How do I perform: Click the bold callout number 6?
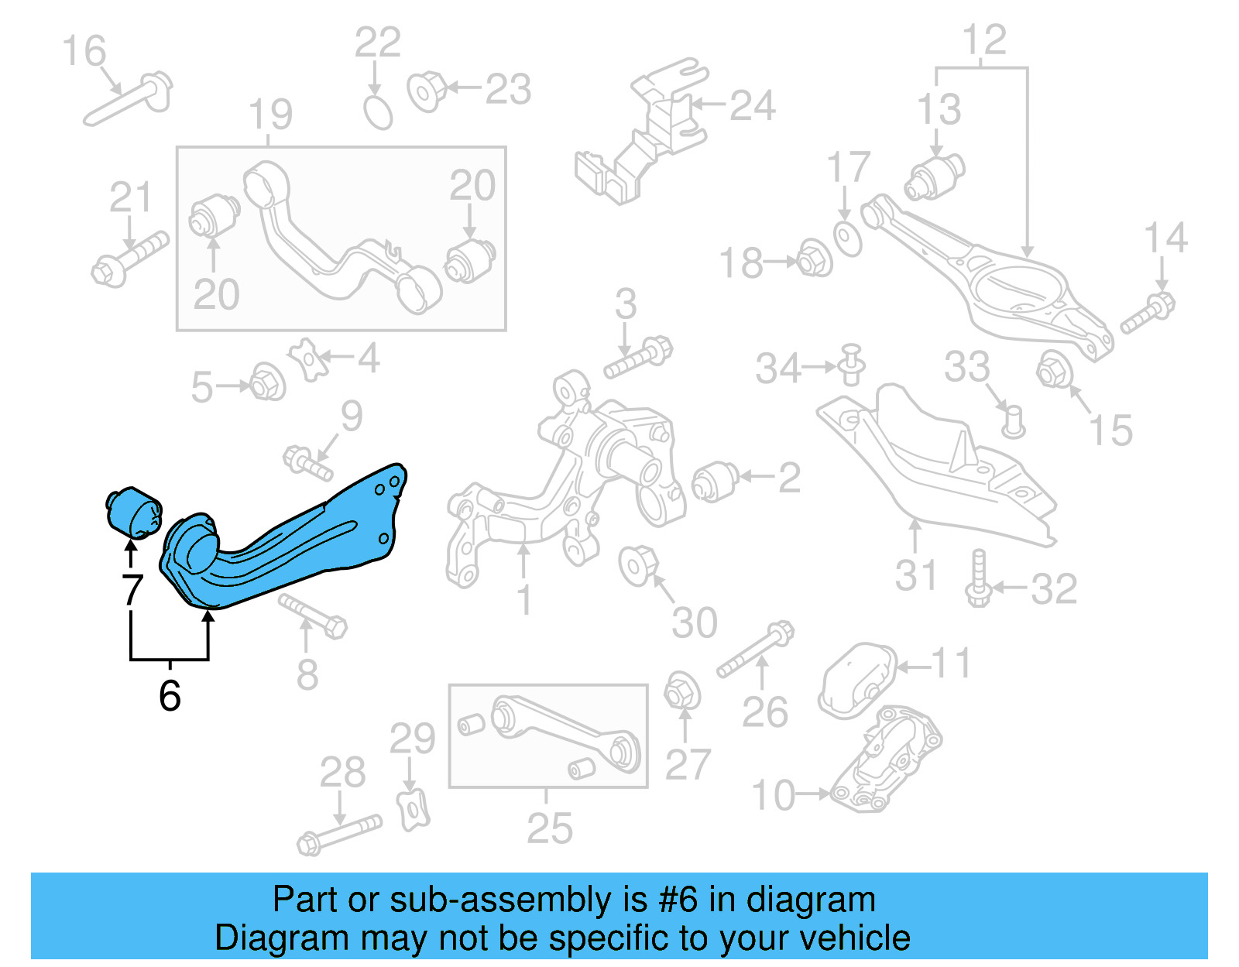[x=170, y=695]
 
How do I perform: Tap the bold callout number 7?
[x=132, y=590]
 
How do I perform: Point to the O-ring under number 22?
[x=379, y=113]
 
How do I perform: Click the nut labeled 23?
[x=427, y=91]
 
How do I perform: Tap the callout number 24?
[x=752, y=106]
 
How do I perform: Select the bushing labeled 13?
[x=935, y=177]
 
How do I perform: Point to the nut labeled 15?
[x=1053, y=369]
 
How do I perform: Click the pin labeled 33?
[x=1011, y=420]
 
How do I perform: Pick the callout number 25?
[x=549, y=828]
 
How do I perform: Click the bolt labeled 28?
[x=339, y=834]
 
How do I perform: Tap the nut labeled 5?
[x=267, y=382]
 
